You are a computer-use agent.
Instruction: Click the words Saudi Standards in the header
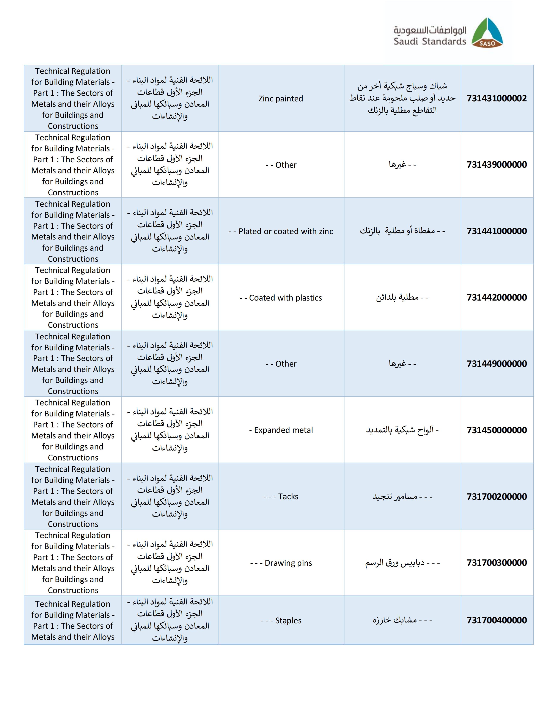click(430, 41)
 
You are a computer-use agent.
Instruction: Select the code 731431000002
click(497, 98)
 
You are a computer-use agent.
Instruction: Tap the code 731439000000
click(497, 165)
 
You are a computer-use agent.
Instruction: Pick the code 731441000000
click(497, 231)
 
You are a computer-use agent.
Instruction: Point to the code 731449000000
click(497, 364)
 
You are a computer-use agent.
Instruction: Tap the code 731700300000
click(497, 563)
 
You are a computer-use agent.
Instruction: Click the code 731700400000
click(497, 620)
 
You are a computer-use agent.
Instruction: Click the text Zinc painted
click(281, 99)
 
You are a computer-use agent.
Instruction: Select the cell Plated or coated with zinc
click(281, 232)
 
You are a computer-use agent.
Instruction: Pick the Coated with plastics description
click(281, 298)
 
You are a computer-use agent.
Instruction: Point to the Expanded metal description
click(281, 430)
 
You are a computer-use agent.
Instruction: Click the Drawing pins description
click(281, 563)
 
